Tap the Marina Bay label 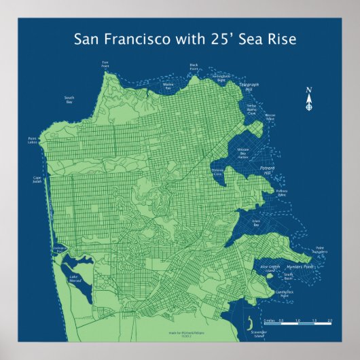click(x=168, y=86)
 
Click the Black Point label click(x=194, y=67)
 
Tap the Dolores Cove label click(x=217, y=173)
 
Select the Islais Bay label click(x=256, y=223)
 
